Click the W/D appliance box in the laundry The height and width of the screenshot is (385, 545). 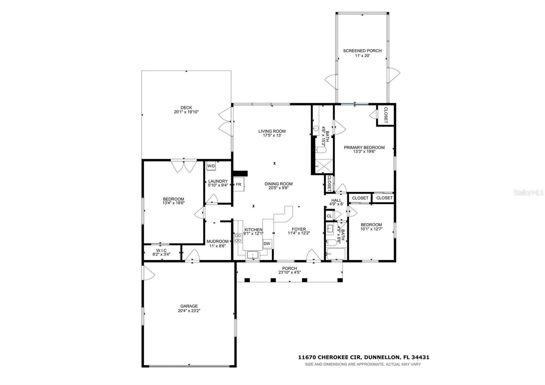(x=211, y=166)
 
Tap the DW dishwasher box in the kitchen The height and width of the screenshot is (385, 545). (x=267, y=244)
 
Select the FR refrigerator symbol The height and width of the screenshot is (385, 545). (x=238, y=184)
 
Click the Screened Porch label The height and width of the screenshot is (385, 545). (x=362, y=51)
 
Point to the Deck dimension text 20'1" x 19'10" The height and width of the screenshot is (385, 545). (x=186, y=112)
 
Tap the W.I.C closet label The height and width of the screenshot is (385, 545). (x=161, y=250)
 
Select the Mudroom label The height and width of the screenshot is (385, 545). (x=217, y=241)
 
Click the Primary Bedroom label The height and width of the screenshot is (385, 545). (x=364, y=148)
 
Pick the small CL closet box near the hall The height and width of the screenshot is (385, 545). (x=329, y=216)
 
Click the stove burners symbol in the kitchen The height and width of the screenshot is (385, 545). (x=238, y=237)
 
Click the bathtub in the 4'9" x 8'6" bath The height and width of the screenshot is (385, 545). (x=336, y=254)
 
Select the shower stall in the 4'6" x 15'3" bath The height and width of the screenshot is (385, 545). (x=322, y=166)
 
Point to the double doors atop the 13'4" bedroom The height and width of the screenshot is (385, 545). (x=184, y=166)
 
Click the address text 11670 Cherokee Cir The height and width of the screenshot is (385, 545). (x=329, y=357)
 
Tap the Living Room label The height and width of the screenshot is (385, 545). (x=272, y=131)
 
